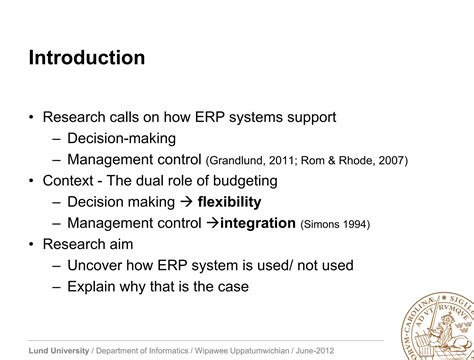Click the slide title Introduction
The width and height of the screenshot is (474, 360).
(86, 58)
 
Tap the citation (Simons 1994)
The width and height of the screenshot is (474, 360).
(335, 225)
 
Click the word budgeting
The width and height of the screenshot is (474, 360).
(241, 181)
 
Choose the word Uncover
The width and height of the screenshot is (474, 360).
(97, 265)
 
